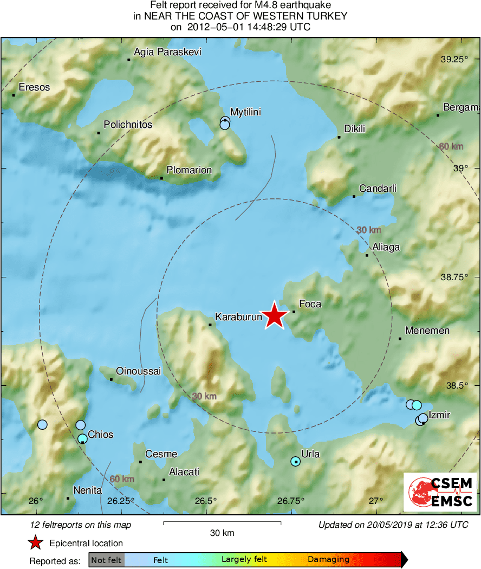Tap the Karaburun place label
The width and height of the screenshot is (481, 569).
click(238, 316)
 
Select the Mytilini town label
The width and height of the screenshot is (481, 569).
click(245, 112)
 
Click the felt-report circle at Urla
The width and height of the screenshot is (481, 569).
click(295, 461)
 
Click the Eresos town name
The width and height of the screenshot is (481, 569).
click(34, 87)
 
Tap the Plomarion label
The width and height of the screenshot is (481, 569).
click(189, 170)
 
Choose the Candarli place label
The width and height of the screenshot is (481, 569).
click(378, 189)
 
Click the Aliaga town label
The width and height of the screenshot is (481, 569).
click(386, 247)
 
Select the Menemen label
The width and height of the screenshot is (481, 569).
click(427, 331)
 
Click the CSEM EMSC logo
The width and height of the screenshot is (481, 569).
click(440, 492)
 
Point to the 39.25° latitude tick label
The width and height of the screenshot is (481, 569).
click(454, 59)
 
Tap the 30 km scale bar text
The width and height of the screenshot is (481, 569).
click(222, 533)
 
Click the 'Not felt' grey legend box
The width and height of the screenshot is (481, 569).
click(107, 560)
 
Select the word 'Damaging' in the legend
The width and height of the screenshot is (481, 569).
click(329, 560)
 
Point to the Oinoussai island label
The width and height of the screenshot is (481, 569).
click(139, 371)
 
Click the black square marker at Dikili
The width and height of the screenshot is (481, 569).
click(339, 137)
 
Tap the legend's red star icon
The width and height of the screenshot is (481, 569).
click(35, 542)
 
